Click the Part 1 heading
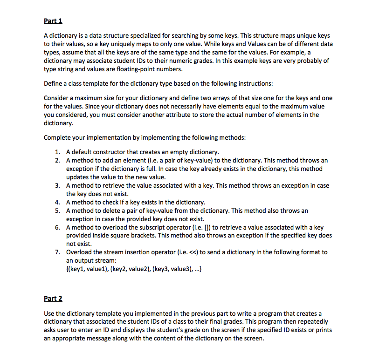[x=53, y=21]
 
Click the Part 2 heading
[x=53, y=299]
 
